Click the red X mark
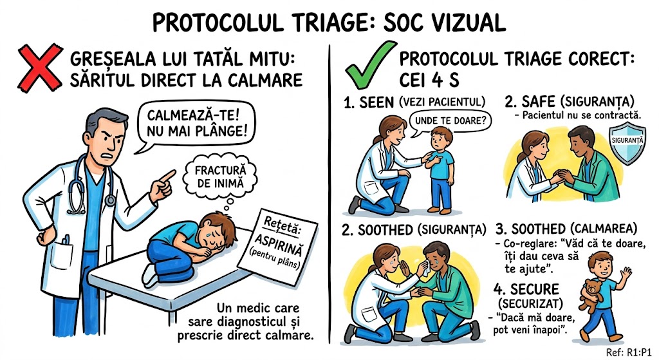pyautogui.click(x=39, y=68)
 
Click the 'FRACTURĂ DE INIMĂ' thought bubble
pyautogui.click(x=220, y=176)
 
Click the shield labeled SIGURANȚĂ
pyautogui.click(x=627, y=143)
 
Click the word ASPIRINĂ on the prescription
pyautogui.click(x=278, y=245)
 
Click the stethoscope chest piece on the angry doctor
pyautogui.click(x=110, y=200)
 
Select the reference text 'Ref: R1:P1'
pyautogui.click(x=629, y=352)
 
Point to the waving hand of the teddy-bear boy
pyautogui.click(x=627, y=273)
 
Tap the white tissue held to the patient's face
pyautogui.click(x=426, y=268)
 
